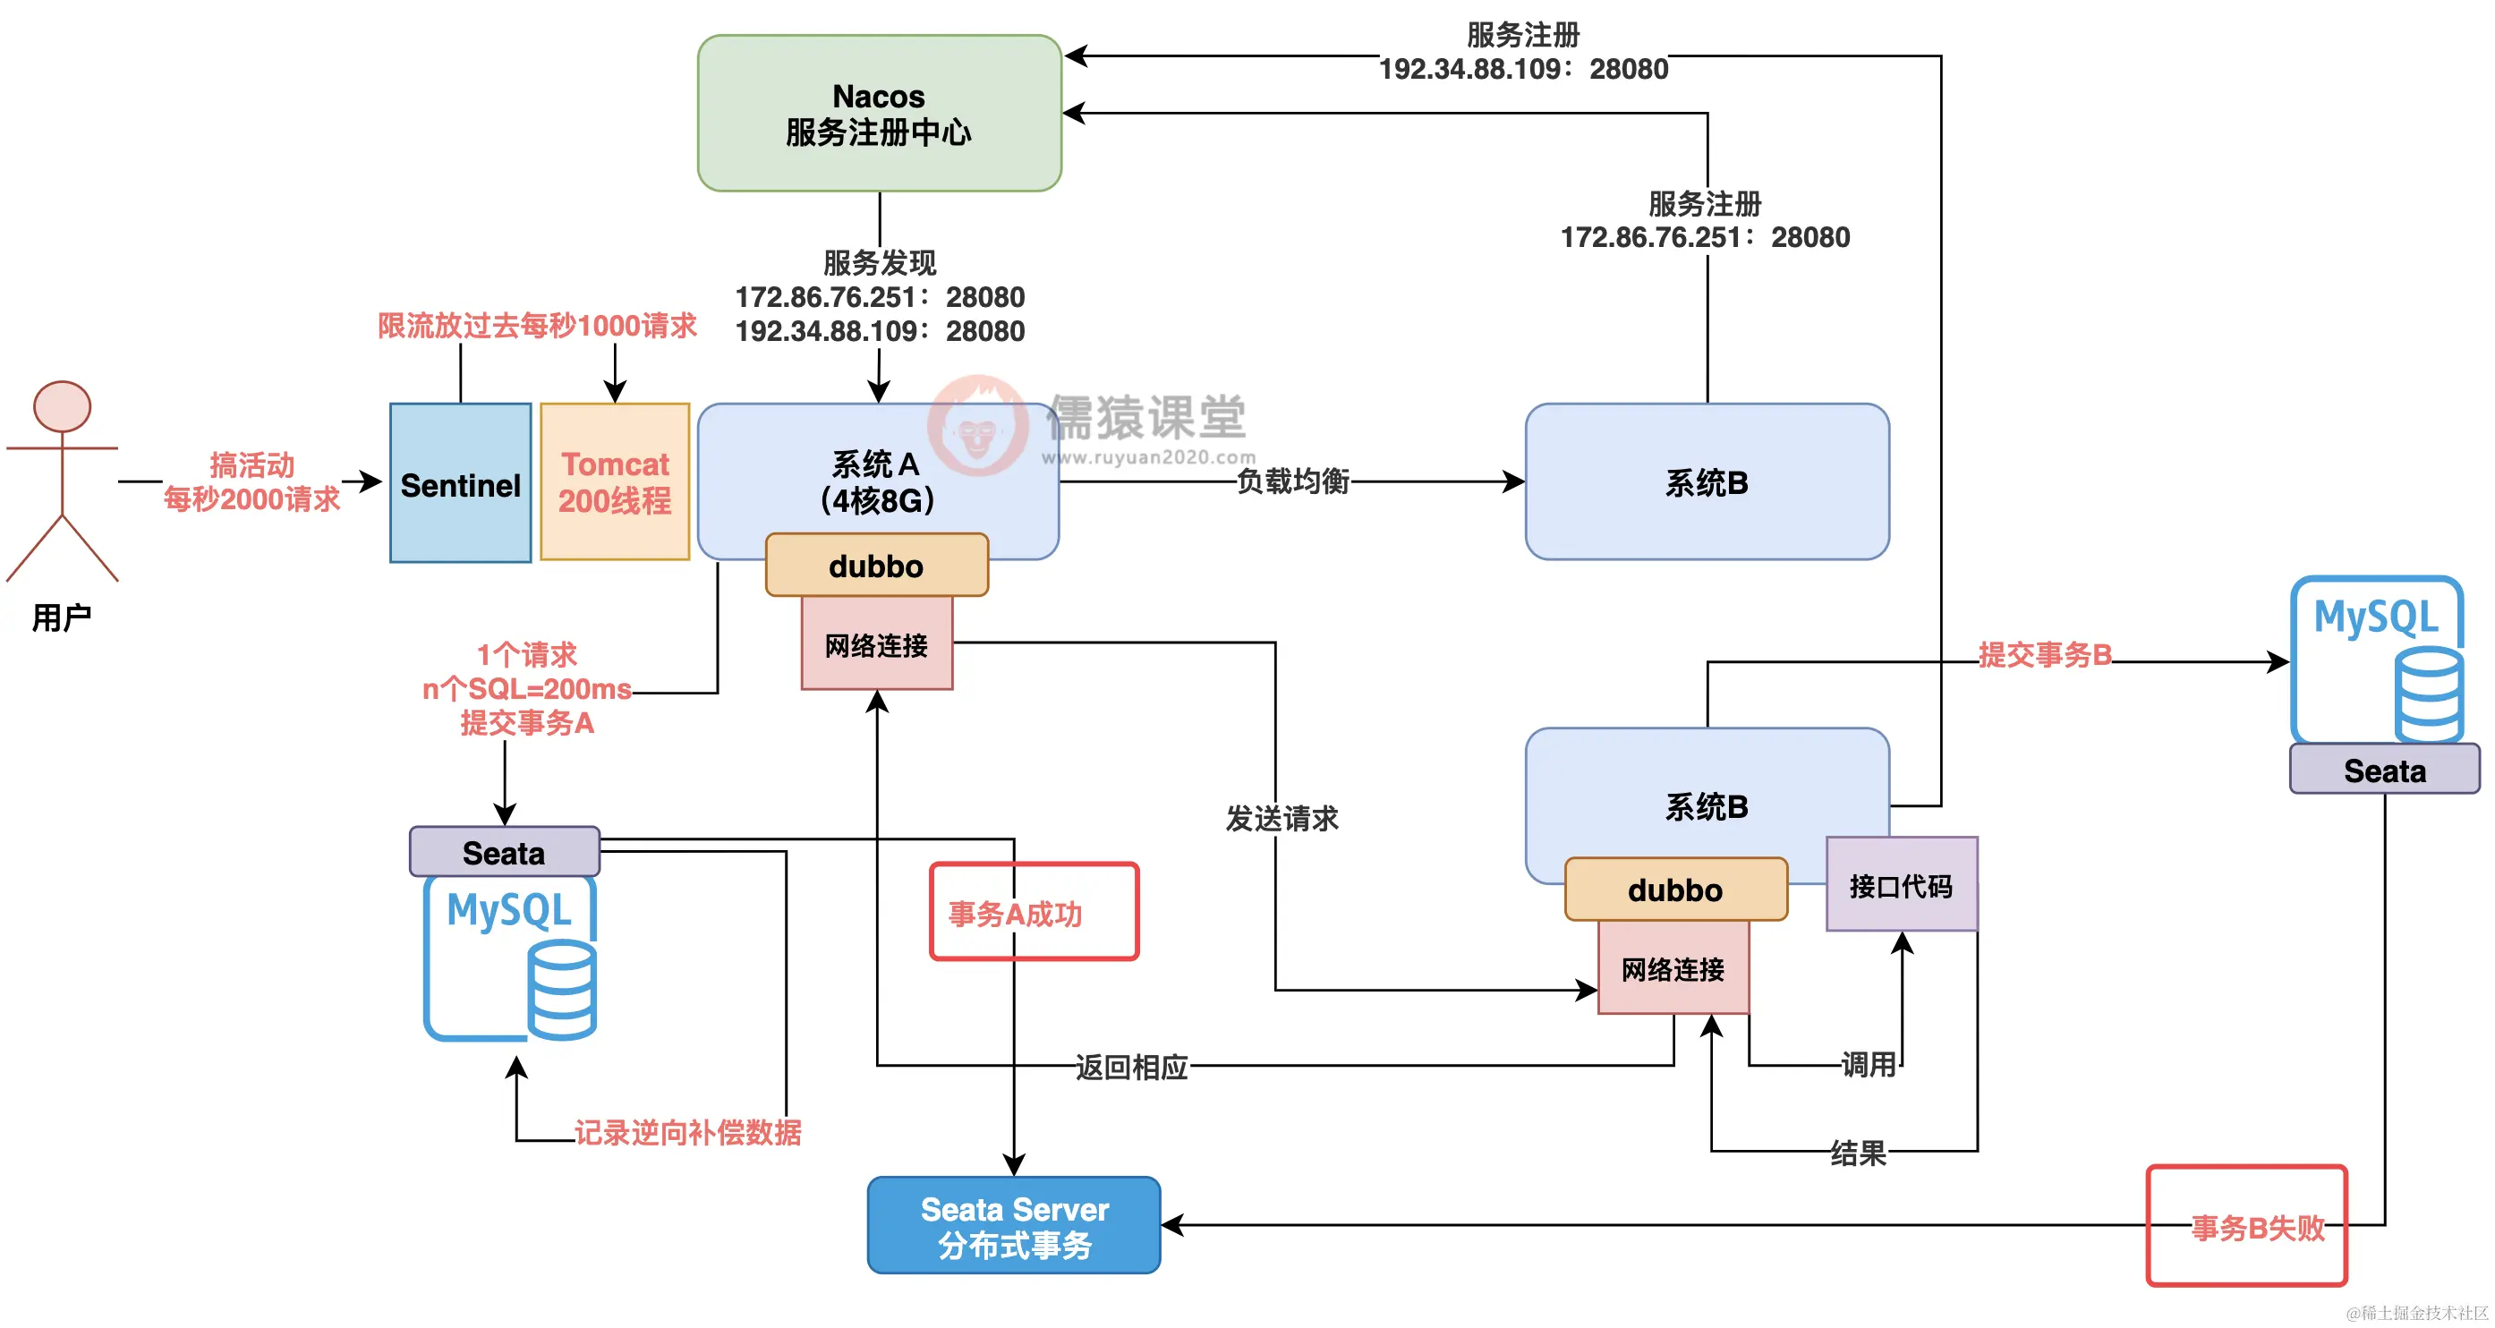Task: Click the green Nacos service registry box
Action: pos(880,114)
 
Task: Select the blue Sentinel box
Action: pos(461,482)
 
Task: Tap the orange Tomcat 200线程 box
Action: pos(615,481)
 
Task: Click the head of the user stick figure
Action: pos(62,406)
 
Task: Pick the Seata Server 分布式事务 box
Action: pos(1014,1225)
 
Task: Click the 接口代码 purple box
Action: pos(1903,884)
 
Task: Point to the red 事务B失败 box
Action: pos(2247,1225)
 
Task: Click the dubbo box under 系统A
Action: pos(876,565)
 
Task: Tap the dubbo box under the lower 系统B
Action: pos(1675,890)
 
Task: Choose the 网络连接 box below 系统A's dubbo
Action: pos(876,643)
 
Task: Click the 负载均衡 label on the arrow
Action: pos(1293,481)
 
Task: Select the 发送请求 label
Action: pos(1282,819)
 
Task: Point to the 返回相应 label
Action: pos(1131,1067)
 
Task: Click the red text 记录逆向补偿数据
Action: pos(687,1132)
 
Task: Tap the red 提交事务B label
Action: pos(2045,655)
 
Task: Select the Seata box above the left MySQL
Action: pos(505,851)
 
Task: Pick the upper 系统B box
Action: pos(1707,481)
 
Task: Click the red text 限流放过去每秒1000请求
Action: pos(538,326)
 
